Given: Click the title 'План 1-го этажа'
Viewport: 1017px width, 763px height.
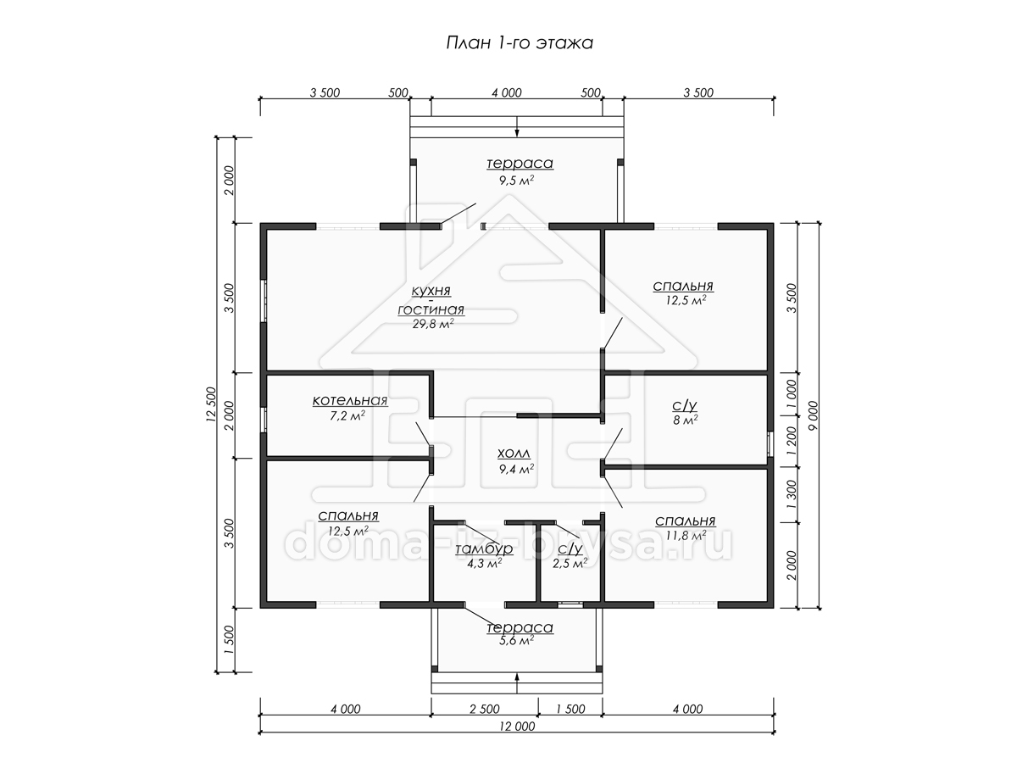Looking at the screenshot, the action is (520, 43).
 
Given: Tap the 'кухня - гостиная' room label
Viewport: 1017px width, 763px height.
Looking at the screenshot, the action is (431, 300).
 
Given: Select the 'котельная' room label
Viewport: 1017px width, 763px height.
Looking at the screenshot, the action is (350, 400).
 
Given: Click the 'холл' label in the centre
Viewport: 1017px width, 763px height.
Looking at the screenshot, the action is (514, 454).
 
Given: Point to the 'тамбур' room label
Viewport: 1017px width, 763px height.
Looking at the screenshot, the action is (484, 549).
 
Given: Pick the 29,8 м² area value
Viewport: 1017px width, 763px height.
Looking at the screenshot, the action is (433, 323).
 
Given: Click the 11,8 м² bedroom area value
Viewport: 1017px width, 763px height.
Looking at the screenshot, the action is (686, 536).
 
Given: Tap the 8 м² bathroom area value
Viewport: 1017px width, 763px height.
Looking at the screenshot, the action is (686, 420).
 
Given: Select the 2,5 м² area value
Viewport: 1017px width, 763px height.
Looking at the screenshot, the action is (570, 563).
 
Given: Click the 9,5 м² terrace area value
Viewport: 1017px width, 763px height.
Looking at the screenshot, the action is (517, 181).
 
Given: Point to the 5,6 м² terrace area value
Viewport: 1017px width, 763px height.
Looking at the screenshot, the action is (517, 640).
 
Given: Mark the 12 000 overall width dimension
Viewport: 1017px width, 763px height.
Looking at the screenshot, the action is (517, 727).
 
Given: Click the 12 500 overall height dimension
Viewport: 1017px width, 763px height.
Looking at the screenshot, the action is (211, 404).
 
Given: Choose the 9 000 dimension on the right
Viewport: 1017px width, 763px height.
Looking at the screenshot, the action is (813, 415).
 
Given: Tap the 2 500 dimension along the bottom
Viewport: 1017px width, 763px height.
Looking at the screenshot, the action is (485, 710).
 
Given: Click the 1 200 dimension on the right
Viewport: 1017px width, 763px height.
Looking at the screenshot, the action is (792, 440).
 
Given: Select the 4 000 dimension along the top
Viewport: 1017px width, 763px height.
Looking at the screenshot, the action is (507, 92).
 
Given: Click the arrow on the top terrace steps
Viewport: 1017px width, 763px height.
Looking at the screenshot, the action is (517, 126).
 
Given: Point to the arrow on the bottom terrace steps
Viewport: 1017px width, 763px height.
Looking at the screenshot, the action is (517, 683).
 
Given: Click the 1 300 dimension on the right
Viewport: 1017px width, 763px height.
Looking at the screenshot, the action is (792, 494).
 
